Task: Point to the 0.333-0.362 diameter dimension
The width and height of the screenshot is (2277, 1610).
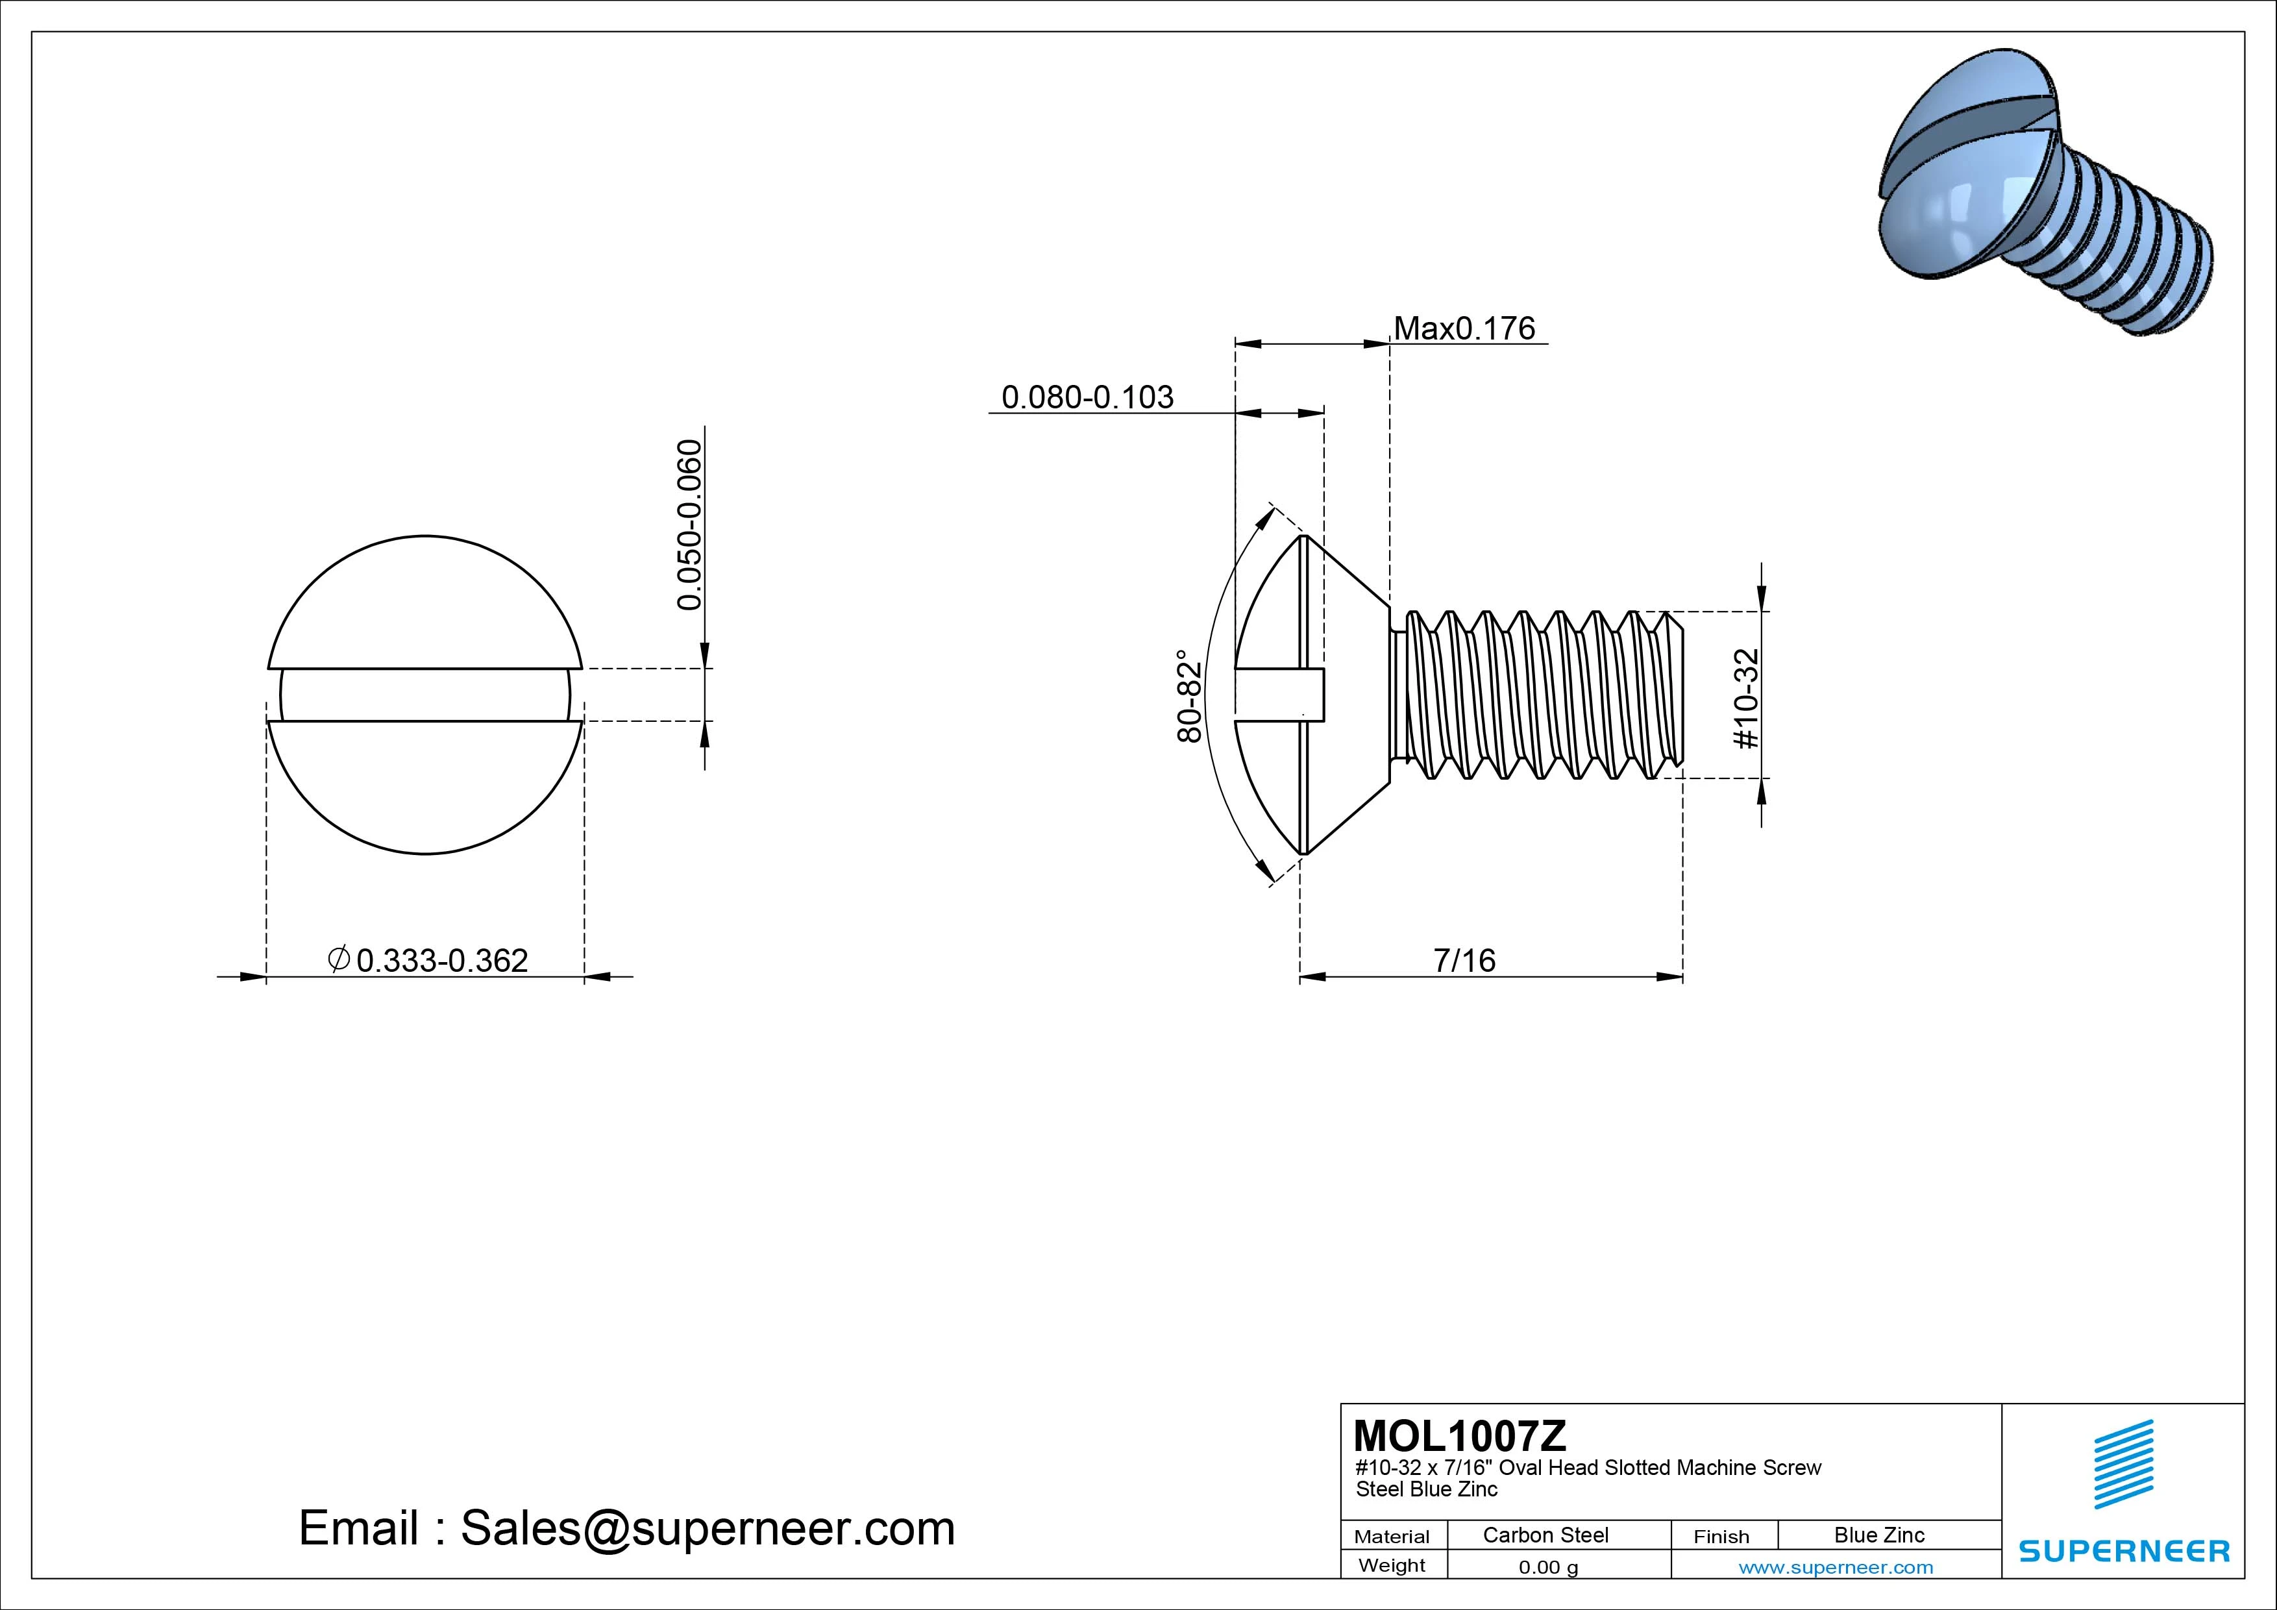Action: (x=441, y=960)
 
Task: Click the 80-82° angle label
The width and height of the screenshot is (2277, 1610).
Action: (x=1189, y=697)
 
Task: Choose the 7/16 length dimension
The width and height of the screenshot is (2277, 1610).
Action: (x=1464, y=960)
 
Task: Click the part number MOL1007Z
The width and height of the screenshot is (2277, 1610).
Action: (x=1460, y=1435)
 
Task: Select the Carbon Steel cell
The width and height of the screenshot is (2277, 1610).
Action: (x=1545, y=1535)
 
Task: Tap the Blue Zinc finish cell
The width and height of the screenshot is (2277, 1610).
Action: (x=1878, y=1535)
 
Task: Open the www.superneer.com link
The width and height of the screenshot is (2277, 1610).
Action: (x=1835, y=1567)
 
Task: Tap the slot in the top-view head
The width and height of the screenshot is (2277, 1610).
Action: (x=425, y=695)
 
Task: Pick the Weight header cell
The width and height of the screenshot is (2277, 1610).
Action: (x=1392, y=1565)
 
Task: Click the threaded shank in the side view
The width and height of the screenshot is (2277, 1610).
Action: (x=1537, y=695)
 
